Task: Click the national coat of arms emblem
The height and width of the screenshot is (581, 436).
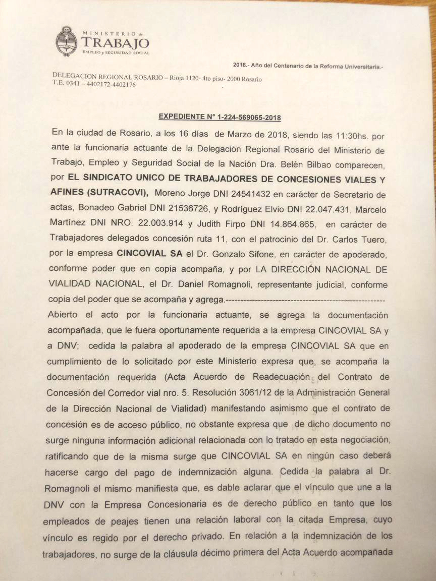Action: tap(67, 41)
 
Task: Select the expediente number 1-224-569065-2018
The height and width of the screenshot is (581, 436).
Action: tap(248, 117)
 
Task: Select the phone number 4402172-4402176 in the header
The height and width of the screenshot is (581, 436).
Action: tap(108, 84)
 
